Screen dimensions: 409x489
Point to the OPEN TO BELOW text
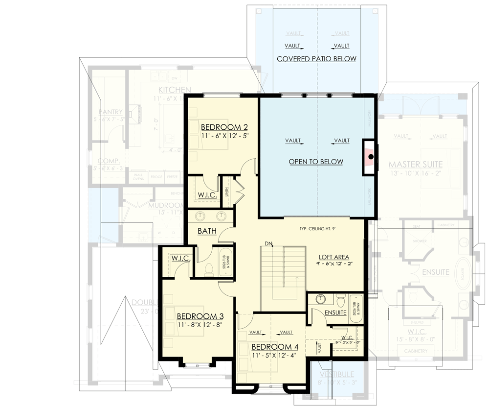315,162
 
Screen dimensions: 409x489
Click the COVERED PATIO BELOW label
316,59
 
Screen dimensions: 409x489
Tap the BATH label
207,230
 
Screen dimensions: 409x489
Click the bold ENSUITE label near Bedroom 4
335,312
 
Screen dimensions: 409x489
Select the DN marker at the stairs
268,243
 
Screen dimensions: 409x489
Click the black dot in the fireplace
371,157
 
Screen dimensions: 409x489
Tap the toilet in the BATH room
208,269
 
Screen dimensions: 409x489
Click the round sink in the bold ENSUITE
321,299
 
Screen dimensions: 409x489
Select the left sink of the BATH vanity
200,216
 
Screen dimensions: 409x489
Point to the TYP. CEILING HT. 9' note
321,229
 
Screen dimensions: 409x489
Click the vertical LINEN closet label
227,192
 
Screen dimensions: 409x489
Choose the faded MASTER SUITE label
416,164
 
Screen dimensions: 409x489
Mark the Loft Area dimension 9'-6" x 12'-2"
335,264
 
